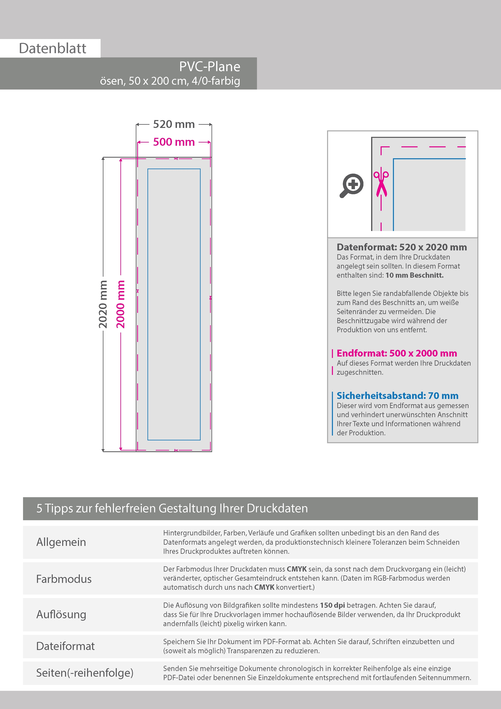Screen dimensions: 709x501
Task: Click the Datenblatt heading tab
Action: pyautogui.click(x=53, y=48)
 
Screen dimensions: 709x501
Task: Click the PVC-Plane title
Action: pyautogui.click(x=210, y=67)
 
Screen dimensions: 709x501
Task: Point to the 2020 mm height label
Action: pyautogui.click(x=103, y=304)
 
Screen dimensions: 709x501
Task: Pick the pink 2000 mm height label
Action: pyautogui.click(x=120, y=304)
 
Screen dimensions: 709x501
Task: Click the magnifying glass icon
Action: pyautogui.click(x=352, y=186)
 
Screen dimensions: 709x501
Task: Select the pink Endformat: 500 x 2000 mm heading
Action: pyautogui.click(x=397, y=353)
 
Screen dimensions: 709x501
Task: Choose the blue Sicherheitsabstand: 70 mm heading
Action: pyautogui.click(x=397, y=395)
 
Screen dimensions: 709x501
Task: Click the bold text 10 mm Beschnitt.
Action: pyautogui.click(x=414, y=275)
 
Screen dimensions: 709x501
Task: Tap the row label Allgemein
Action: pyautogui.click(x=61, y=542)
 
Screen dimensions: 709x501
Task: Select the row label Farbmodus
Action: pyautogui.click(x=64, y=579)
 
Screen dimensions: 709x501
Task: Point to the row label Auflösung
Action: pyautogui.click(x=61, y=614)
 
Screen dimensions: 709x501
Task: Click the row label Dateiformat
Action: pyautogui.click(x=65, y=646)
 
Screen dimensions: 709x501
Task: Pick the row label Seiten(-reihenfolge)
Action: pyautogui.click(x=85, y=673)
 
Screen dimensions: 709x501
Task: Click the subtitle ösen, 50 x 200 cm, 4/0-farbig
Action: pyautogui.click(x=170, y=81)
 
